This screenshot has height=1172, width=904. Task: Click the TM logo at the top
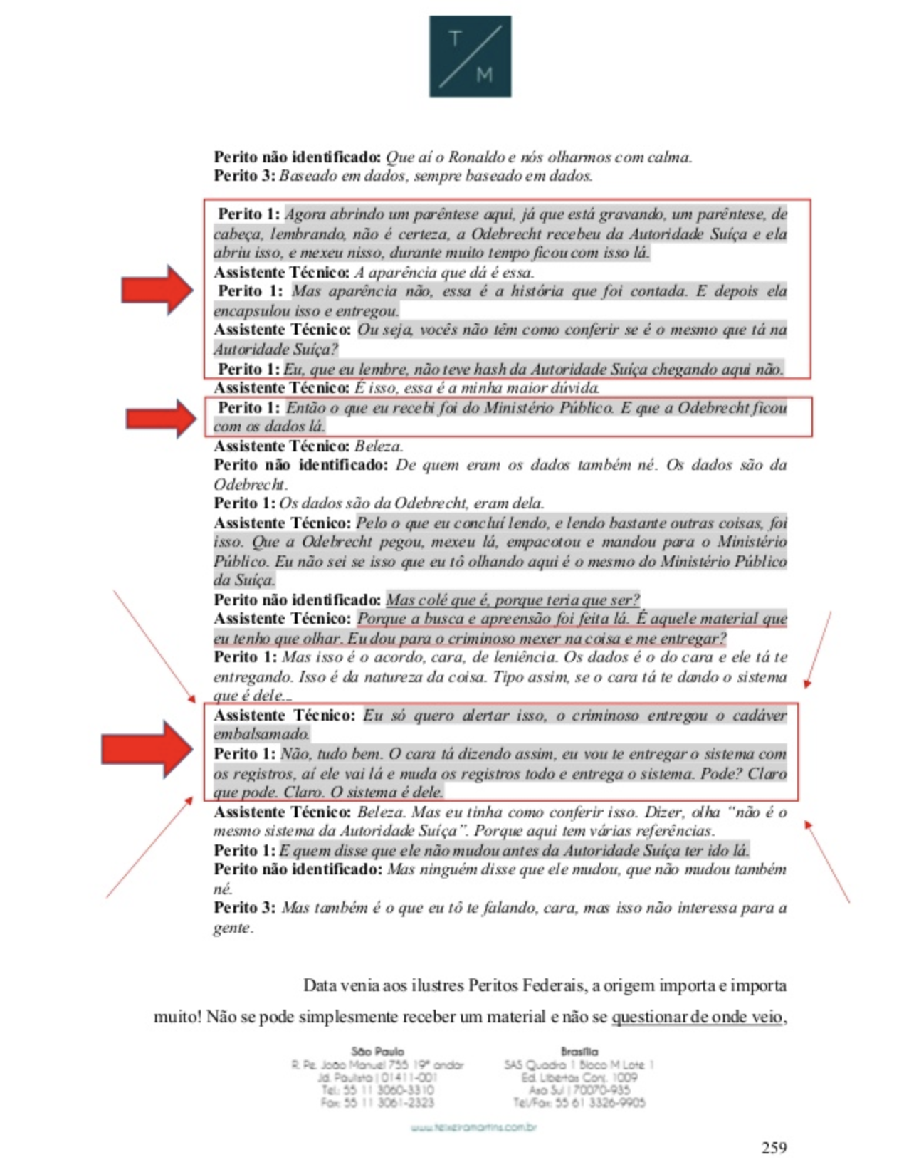click(x=470, y=56)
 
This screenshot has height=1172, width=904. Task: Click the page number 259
click(x=774, y=1147)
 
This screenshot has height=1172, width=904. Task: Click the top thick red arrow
click(x=157, y=289)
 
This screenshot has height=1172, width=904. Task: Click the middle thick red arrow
click(x=161, y=418)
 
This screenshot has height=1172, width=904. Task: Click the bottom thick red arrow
click(x=147, y=748)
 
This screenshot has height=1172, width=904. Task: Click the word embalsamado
click(x=261, y=734)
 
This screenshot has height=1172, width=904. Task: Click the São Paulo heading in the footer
click(x=377, y=1051)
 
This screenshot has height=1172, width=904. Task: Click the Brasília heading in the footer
click(x=579, y=1051)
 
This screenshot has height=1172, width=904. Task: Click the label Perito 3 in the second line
click(x=244, y=175)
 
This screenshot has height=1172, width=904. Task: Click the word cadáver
click(x=760, y=715)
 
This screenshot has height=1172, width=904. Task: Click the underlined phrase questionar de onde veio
click(x=697, y=1017)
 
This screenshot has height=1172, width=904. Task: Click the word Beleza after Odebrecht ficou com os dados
click(x=379, y=446)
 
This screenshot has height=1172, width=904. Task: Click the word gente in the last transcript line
click(x=233, y=927)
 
